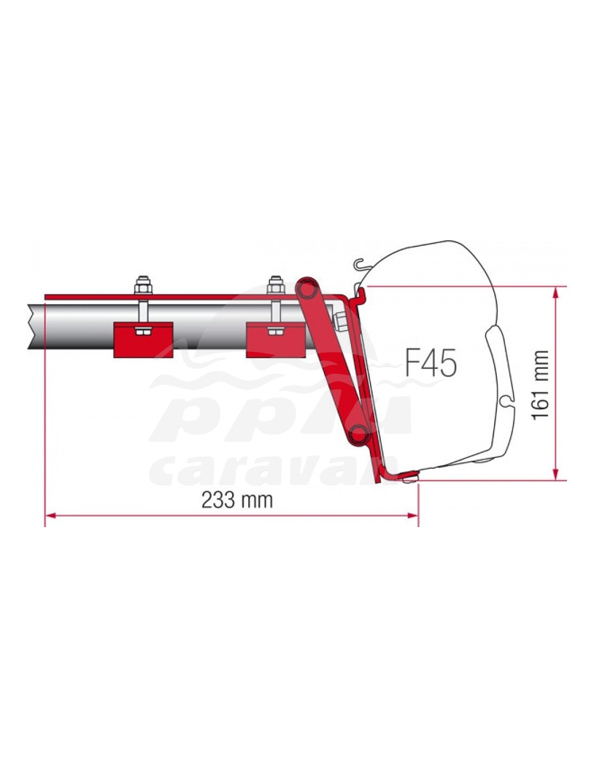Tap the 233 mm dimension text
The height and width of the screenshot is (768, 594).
coord(237,500)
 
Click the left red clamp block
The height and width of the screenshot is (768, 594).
coord(143,340)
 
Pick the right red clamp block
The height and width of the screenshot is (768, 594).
coord(275,340)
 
